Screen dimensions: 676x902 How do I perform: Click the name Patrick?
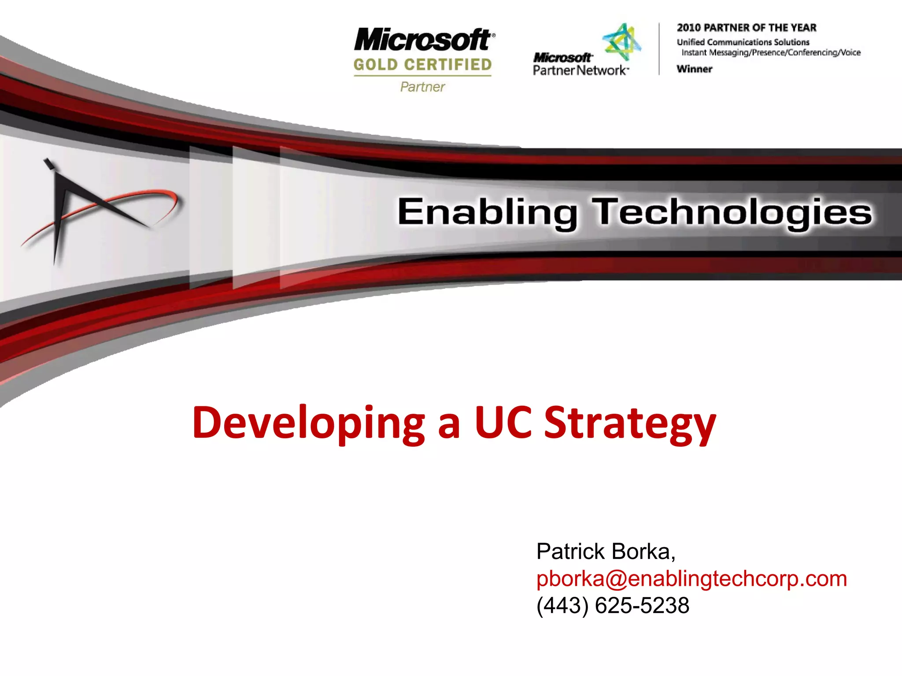[x=570, y=551]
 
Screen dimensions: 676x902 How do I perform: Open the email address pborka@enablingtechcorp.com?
[x=691, y=578]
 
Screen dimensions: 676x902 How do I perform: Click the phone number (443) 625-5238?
[x=613, y=605]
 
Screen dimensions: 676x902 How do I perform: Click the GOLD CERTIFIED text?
[x=422, y=65]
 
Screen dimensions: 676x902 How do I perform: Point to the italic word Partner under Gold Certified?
[x=422, y=87]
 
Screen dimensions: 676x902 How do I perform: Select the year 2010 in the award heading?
[x=688, y=28]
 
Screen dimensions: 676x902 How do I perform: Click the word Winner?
[x=694, y=69]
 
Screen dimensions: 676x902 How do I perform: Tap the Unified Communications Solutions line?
[x=743, y=42]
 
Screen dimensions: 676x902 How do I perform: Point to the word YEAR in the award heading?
[x=803, y=28]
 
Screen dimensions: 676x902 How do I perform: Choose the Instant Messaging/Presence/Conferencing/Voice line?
[x=771, y=53]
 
